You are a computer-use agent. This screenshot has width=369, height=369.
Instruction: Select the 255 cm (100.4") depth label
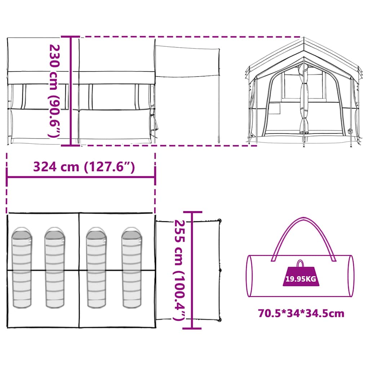click(179, 270)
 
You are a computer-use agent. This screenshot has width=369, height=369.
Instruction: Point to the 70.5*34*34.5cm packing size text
click(301, 314)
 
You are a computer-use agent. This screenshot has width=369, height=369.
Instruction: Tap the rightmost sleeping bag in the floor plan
click(131, 268)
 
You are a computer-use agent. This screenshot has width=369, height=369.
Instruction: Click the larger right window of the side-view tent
click(114, 97)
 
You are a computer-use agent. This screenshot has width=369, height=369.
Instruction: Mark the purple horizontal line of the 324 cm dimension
click(81, 177)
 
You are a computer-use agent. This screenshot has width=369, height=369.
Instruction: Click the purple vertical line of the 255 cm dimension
click(192, 270)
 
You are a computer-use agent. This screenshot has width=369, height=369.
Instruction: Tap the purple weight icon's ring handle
click(300, 263)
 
